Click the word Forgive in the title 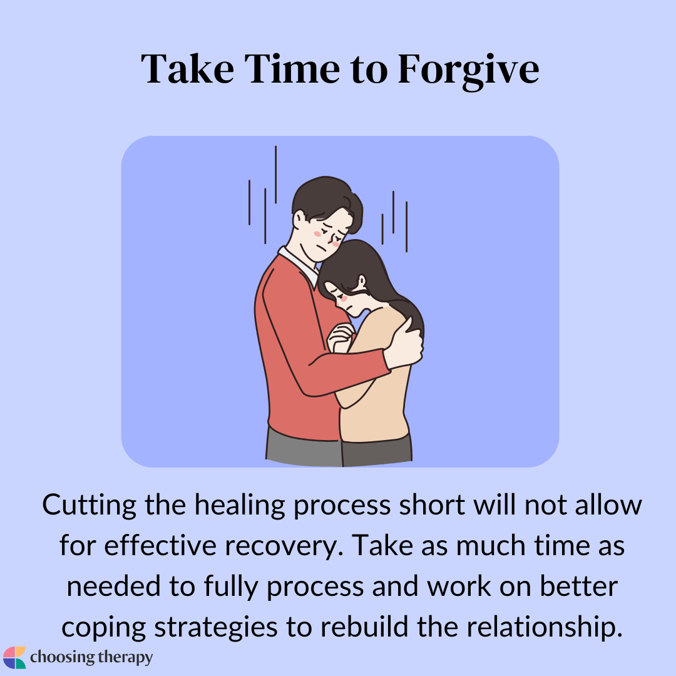468,70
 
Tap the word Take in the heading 188,69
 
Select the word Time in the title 292,69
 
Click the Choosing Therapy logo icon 14,657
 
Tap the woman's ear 361,282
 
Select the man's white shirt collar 299,266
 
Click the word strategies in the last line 215,628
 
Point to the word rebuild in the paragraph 364,627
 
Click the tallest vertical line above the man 275,175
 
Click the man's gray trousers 304,447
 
